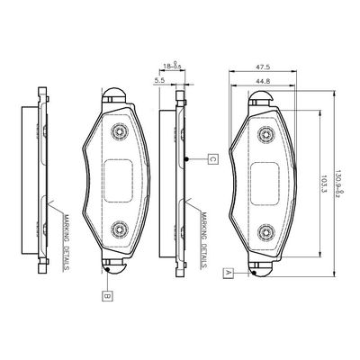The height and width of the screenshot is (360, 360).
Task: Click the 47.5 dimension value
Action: click(264, 66)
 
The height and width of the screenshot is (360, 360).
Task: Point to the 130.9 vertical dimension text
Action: click(340, 180)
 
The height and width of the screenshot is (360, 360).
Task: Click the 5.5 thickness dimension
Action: click(159, 81)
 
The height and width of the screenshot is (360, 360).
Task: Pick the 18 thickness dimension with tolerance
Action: click(171, 66)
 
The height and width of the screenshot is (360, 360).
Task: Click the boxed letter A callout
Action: click(229, 271)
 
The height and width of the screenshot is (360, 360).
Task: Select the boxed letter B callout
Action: click(105, 293)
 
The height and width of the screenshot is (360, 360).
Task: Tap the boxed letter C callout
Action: click(211, 159)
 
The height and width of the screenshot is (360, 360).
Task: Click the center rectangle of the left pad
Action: click(120, 178)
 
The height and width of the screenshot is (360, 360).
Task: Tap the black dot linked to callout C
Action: click(186, 159)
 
